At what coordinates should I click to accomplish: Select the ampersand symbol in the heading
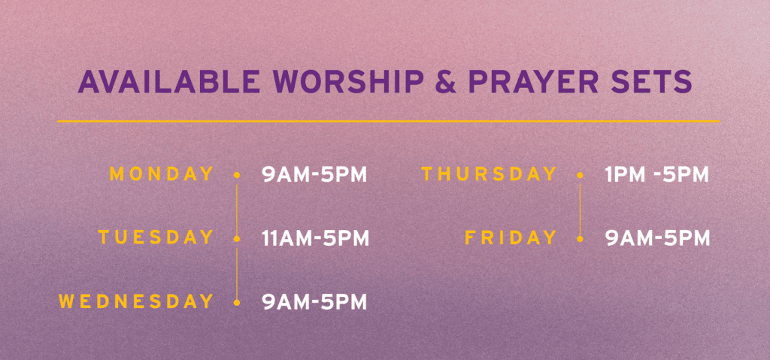coord(445,82)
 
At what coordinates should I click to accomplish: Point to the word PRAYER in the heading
coord(533,82)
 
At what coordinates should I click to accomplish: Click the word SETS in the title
coord(651,82)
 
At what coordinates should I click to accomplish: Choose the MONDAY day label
coord(162,174)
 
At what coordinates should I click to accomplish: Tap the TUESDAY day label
coord(156,237)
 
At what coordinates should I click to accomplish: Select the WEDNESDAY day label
coord(137,301)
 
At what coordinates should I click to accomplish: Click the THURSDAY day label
coord(489,174)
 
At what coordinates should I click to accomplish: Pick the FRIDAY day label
coord(511,237)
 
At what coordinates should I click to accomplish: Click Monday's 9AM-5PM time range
coord(315,175)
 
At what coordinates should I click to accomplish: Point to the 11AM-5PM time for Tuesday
coord(315,238)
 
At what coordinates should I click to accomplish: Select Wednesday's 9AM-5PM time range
coord(315,302)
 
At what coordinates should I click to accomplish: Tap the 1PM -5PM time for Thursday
coord(657,175)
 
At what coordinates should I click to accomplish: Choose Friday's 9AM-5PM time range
coord(657,238)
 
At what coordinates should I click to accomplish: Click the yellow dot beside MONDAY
coord(237,175)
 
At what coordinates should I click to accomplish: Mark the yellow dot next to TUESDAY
coord(237,239)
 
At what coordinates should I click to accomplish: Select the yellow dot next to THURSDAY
coord(580,175)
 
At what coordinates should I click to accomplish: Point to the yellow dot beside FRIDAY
coord(580,239)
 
